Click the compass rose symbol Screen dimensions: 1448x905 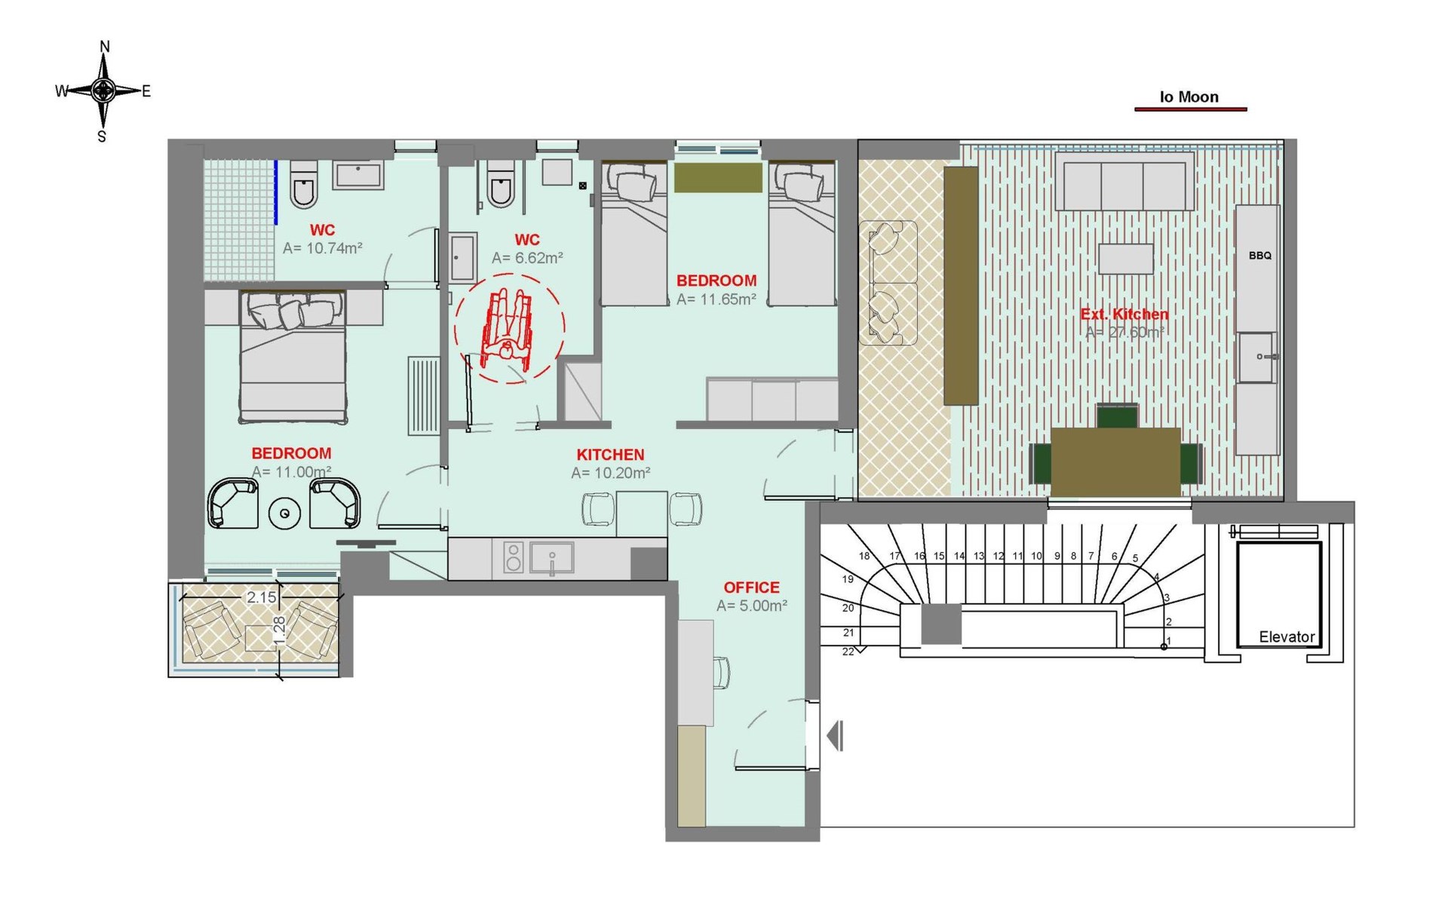point(103,91)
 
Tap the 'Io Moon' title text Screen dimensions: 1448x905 point(1189,97)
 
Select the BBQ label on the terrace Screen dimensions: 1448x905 point(1259,256)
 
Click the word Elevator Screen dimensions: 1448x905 point(1287,637)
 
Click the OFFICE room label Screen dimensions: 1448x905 point(751,587)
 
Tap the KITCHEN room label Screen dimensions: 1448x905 point(610,455)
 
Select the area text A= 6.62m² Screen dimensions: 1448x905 point(527,258)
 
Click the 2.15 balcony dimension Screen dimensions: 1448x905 point(262,597)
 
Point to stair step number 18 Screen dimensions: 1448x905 point(864,556)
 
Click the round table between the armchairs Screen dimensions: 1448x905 point(284,514)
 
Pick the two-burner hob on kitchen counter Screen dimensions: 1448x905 point(514,557)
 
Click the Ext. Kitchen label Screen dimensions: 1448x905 point(1124,314)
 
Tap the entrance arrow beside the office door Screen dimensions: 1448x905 point(835,735)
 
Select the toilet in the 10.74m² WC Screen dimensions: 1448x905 point(303,183)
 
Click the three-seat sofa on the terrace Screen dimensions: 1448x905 point(1124,181)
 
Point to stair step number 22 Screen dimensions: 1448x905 point(848,652)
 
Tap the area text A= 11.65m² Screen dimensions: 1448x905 point(716,299)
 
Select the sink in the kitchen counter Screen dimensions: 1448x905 point(551,558)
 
